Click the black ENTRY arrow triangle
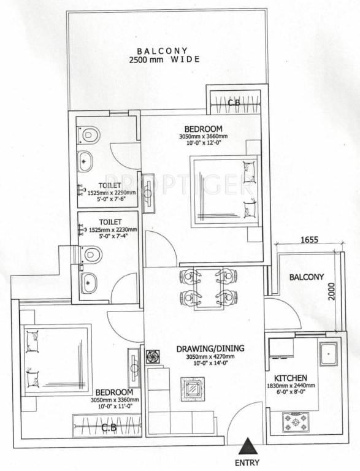247,446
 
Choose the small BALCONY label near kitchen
306,277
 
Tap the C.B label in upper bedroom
234,103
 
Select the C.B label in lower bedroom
109,427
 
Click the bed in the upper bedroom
224,188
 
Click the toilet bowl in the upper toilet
88,133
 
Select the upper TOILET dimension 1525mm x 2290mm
108,193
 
